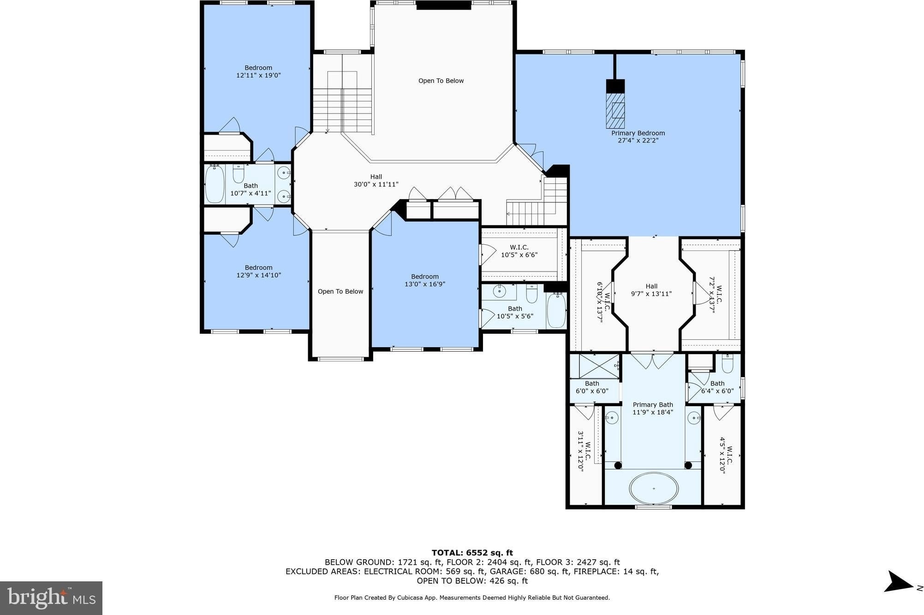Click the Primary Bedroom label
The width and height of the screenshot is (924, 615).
coord(638,133)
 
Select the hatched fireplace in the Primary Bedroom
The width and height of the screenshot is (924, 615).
coord(615,111)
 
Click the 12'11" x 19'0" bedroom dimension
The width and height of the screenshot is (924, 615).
coord(258,75)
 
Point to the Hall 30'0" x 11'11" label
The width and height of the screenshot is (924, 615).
coord(376,180)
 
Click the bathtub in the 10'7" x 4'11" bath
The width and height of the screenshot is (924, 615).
coord(215,184)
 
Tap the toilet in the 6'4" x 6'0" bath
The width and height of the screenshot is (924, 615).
coord(727,363)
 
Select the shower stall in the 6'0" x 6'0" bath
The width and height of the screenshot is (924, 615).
coord(599,366)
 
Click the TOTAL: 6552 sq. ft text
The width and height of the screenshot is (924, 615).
coord(472,553)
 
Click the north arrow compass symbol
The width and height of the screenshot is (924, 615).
coord(899,581)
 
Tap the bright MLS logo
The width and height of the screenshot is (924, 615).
coord(51,598)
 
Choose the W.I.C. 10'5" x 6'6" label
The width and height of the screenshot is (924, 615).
coord(519,251)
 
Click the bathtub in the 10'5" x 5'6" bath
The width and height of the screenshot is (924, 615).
coord(556,310)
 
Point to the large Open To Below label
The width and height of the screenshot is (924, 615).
coord(441,81)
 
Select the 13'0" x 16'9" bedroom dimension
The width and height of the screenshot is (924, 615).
coord(425,284)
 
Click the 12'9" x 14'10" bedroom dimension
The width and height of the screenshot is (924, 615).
coord(258,275)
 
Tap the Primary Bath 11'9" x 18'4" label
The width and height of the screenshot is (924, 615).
coord(653,408)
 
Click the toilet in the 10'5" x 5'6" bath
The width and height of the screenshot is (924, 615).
coord(532,293)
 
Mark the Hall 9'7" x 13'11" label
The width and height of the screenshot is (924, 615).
coord(651,290)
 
